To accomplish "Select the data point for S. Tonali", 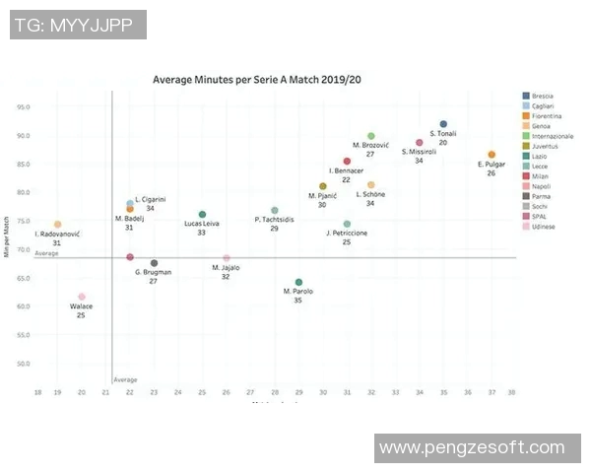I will coord(443,124).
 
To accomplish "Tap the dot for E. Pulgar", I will coord(492,155).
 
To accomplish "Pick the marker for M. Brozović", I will coord(370,136).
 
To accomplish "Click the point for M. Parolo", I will coord(298,283).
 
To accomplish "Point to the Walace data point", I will coord(82,297).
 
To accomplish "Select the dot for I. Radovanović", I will coord(57,225).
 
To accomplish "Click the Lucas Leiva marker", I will coord(202,214).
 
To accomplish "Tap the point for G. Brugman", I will coord(154,263).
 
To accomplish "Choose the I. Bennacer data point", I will coord(347,162).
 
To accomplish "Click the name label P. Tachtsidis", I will coord(274,220).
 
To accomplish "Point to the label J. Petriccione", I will coord(347,233).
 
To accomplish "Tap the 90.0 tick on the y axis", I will coord(23,135).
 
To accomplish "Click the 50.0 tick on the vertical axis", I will coord(23,364).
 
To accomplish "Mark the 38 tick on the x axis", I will coord(511,393).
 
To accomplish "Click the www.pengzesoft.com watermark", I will coord(473,448).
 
